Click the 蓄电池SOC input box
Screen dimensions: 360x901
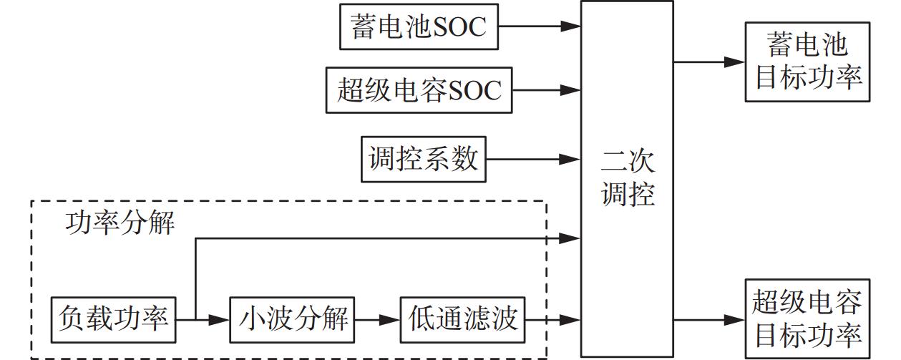419,26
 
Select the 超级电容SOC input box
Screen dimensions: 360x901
419,90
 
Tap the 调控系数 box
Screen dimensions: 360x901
423,157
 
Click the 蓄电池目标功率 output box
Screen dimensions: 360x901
808,61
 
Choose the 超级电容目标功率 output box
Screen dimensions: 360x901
808,318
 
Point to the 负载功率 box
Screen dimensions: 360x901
114,318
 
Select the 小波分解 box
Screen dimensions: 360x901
293,318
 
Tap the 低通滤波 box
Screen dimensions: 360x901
463,318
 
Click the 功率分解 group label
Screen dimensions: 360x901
120,223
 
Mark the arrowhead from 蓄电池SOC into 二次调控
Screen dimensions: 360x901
570,26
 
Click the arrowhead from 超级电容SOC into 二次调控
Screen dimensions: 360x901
570,90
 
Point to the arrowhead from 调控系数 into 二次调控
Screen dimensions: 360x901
570,158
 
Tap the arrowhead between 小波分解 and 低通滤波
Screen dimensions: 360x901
390,318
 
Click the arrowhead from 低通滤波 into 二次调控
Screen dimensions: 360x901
570,318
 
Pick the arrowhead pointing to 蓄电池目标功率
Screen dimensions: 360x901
736,62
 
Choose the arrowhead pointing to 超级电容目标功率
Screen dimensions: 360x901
736,319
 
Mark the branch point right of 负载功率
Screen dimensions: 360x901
195,318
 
